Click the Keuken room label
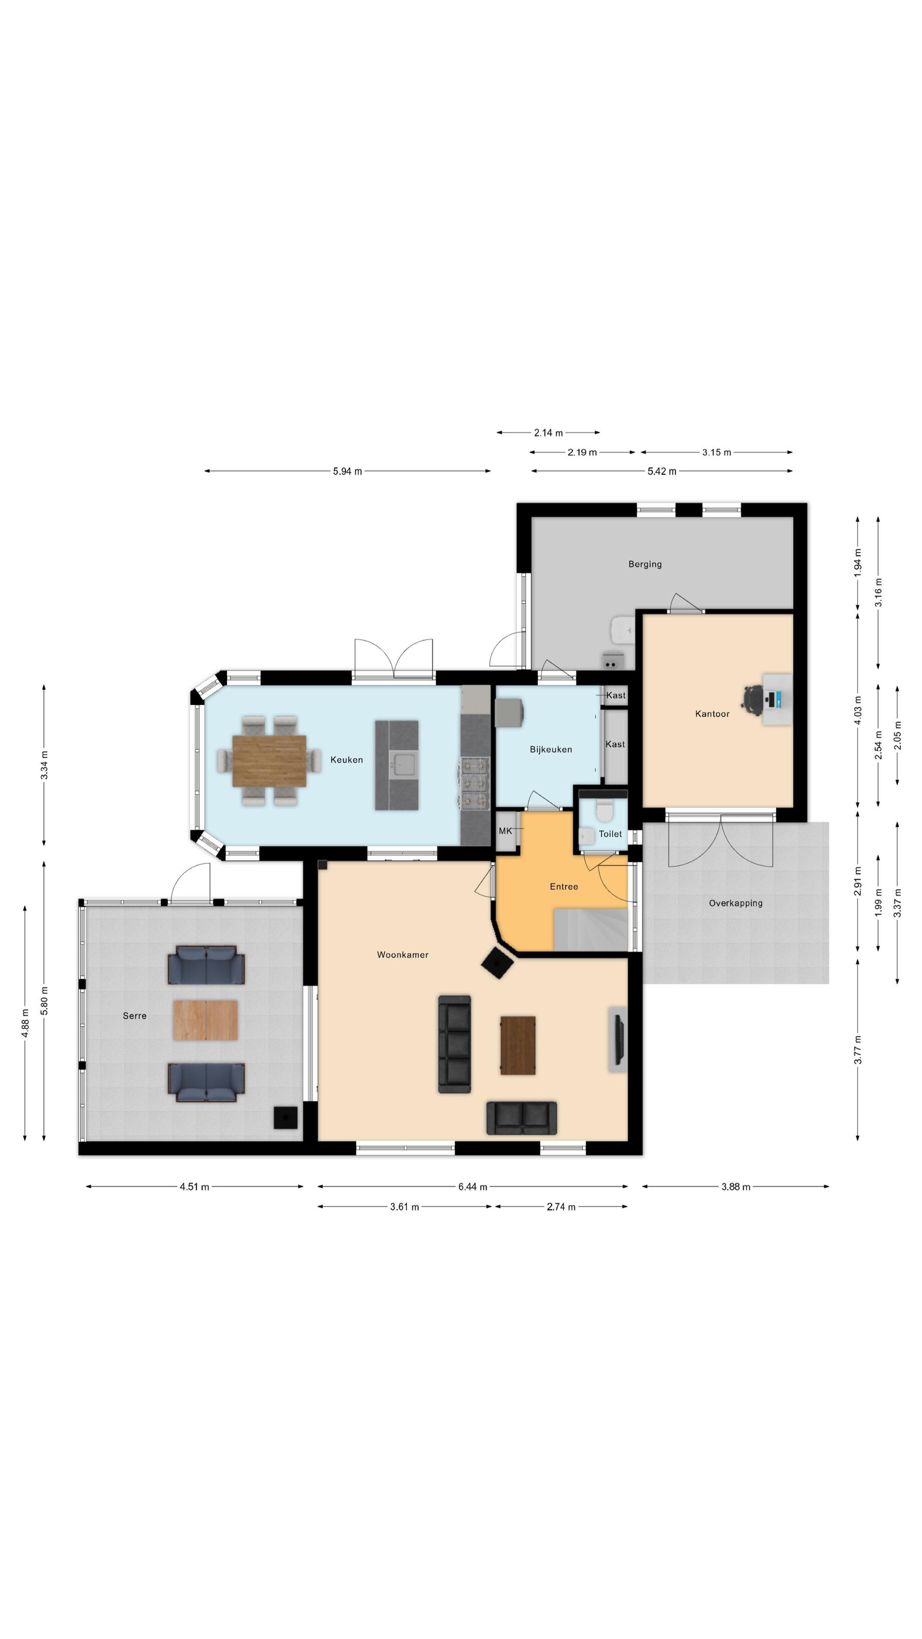tap(346, 760)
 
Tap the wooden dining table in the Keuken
tap(269, 761)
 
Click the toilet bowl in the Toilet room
tap(604, 811)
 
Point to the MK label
tap(505, 831)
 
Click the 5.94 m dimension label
tap(347, 471)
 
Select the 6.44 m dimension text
tap(472, 1187)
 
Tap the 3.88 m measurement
tap(735, 1187)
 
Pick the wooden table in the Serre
tap(205, 1020)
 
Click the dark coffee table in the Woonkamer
tap(517, 1045)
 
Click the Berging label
tap(645, 564)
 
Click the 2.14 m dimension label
tap(548, 433)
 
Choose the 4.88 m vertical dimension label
tap(25, 1023)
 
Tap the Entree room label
tap(564, 886)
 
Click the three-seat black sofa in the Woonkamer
tap(454, 1044)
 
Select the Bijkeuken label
tap(550, 750)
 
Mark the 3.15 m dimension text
tap(717, 452)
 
